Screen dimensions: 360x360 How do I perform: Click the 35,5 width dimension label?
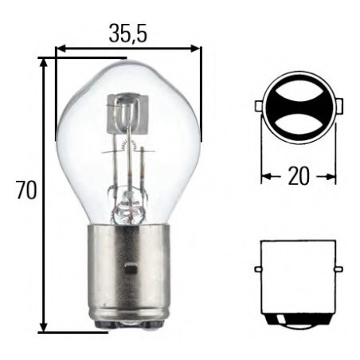(127, 33)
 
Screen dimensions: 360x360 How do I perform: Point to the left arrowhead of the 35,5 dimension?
(61, 49)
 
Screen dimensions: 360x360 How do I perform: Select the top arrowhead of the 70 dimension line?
(45, 62)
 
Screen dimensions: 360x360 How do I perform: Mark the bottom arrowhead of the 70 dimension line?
(45, 327)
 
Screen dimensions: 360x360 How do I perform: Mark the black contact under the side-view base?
(298, 320)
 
